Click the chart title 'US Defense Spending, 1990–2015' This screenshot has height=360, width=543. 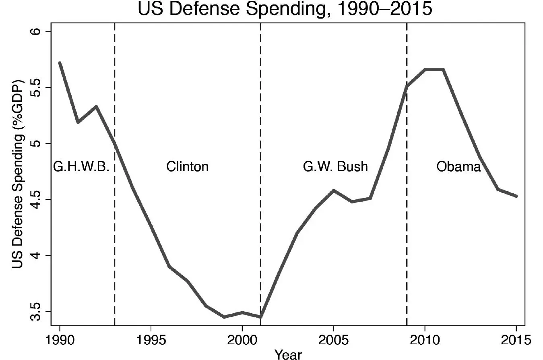pos(285,9)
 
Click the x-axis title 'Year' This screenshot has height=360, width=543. pos(288,354)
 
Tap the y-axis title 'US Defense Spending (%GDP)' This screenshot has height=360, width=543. pos(17,174)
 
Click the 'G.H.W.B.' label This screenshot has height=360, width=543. pos(81,167)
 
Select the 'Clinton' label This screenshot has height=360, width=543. pos(188,167)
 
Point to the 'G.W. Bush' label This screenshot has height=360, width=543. pos(335,167)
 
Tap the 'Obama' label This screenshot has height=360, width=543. pos(459,167)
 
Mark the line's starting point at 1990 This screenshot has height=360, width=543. pos(60,63)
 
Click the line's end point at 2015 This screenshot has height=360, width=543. pos(516,196)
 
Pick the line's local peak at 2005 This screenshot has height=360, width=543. pos(334,190)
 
